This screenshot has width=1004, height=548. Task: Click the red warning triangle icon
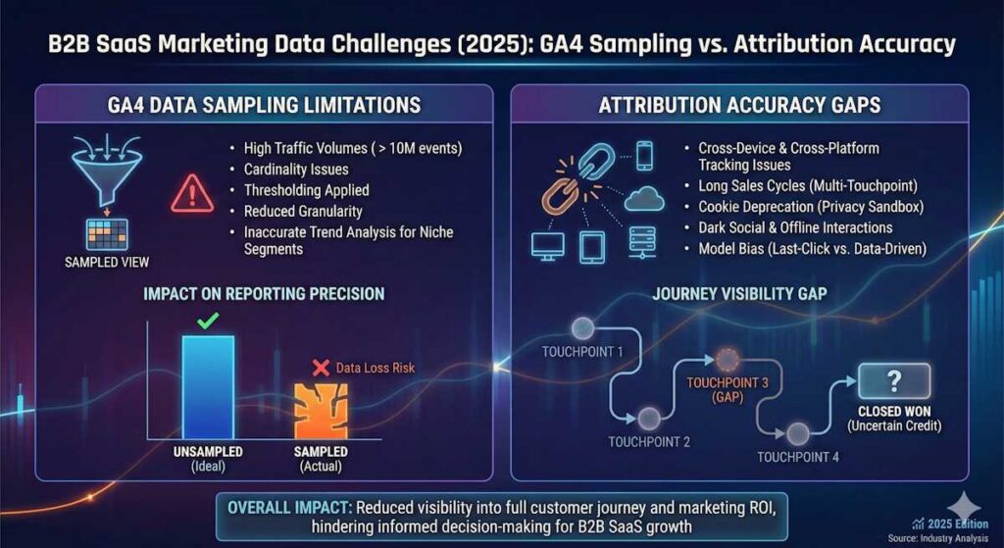tap(192, 193)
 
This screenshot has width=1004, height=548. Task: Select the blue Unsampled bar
tap(208, 387)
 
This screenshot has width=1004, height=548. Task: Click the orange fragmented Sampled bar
tap(322, 410)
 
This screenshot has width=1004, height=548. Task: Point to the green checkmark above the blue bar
tap(207, 320)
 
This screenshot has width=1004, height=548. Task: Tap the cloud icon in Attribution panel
tap(644, 200)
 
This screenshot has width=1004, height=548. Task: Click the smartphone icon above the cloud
tap(644, 155)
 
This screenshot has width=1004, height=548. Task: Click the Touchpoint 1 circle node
tap(586, 328)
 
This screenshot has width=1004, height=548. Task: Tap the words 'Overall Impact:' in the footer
tap(289, 508)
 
